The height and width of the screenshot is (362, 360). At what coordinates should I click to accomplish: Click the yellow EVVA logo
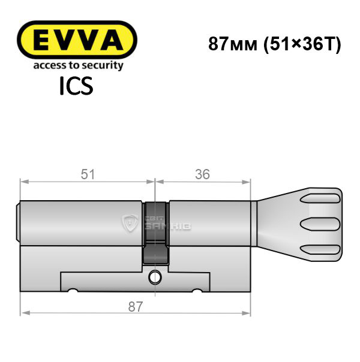click(x=77, y=39)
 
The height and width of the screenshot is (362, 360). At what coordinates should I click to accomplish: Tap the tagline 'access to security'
click(x=79, y=65)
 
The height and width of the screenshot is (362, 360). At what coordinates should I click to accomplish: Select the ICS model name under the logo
click(x=76, y=86)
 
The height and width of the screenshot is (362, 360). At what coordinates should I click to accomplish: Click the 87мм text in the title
click(x=233, y=44)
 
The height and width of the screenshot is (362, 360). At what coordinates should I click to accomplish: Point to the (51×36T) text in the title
click(x=302, y=44)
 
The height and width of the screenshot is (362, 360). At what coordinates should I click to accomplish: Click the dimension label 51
click(x=88, y=174)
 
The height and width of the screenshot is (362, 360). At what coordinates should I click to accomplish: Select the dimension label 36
click(x=202, y=174)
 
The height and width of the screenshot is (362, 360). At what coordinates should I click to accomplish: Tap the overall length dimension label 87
click(x=136, y=307)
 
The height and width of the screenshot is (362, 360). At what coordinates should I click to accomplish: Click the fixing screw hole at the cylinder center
click(x=155, y=277)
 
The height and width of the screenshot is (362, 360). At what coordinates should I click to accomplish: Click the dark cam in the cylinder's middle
click(x=155, y=233)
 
